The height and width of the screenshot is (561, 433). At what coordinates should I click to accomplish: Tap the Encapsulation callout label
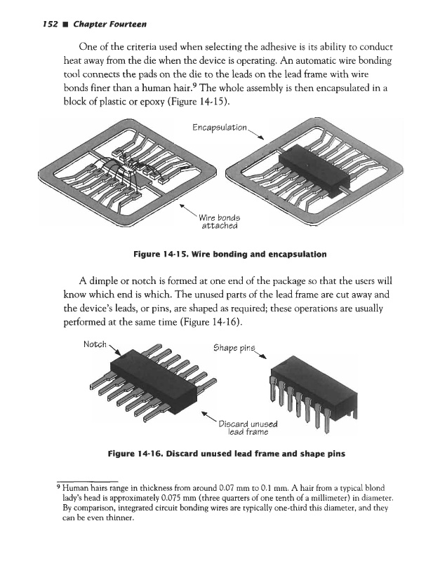tap(220, 128)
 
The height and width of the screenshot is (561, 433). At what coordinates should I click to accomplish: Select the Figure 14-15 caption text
tap(217, 252)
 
